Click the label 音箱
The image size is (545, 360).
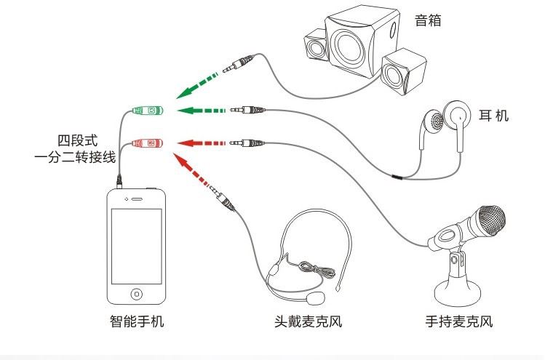point(428,20)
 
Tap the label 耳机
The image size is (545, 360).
point(493,116)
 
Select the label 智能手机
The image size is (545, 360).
point(137,321)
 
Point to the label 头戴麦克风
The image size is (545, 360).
point(308,321)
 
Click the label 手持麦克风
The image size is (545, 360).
point(459,321)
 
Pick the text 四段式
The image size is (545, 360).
point(78,140)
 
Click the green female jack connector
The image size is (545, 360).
point(148,111)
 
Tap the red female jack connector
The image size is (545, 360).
point(148,143)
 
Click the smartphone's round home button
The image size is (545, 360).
point(137,294)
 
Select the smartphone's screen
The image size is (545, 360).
point(137,246)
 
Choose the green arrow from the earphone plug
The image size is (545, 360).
point(202,111)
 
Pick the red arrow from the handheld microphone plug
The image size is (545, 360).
point(202,143)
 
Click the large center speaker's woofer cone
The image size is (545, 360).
point(349,49)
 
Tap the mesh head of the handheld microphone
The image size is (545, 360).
point(491,220)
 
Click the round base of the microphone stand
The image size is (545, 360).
point(458,294)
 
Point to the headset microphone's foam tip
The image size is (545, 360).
point(315,298)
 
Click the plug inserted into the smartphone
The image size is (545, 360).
point(119,181)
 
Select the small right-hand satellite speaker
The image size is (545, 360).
point(404,72)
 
